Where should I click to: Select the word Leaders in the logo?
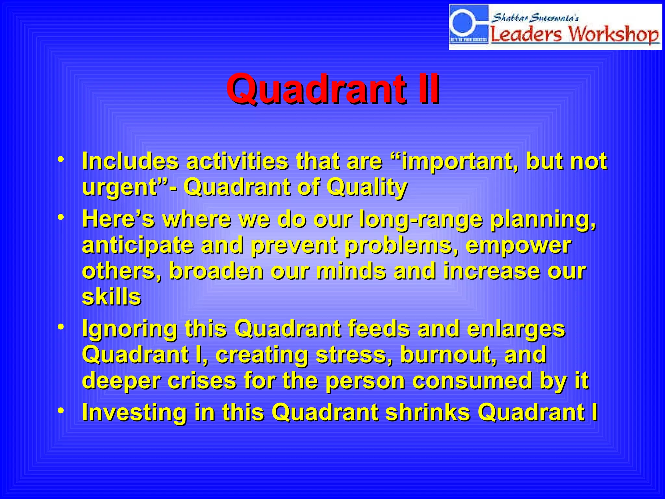click(526, 34)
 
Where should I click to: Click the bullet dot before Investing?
click(61, 411)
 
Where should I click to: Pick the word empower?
click(518, 245)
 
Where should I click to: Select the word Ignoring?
click(130, 329)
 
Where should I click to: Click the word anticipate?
click(138, 245)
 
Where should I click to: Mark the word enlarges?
click(516, 329)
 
